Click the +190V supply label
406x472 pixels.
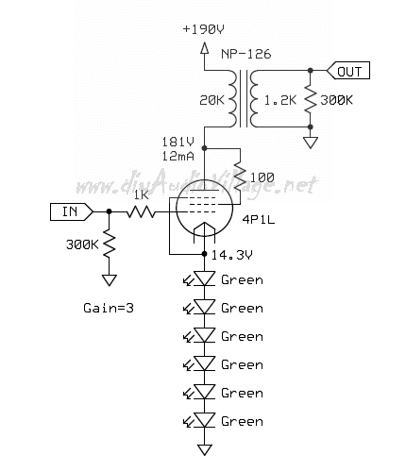203,29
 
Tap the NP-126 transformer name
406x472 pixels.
245,54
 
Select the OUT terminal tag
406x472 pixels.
348,71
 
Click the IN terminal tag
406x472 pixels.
72,211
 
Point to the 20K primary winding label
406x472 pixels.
211,100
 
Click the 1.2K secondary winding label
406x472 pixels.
280,100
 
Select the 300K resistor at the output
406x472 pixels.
310,99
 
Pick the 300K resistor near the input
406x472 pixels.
109,243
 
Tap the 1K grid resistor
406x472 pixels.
141,211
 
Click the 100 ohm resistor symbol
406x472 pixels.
240,177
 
